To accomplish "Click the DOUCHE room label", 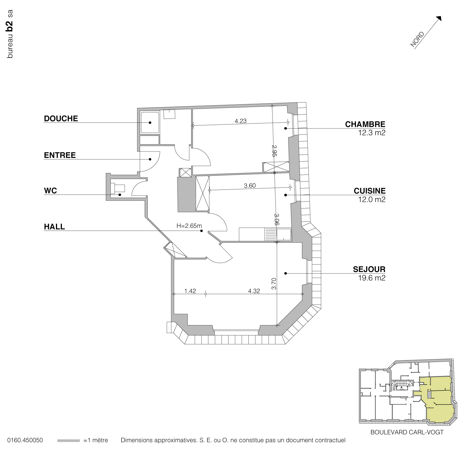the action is (x=61, y=119).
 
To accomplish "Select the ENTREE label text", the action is (x=60, y=155).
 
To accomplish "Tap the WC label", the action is (x=51, y=191).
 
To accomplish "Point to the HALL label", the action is (x=55, y=227).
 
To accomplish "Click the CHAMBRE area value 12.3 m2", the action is (x=372, y=132).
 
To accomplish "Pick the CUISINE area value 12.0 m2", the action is (x=372, y=199).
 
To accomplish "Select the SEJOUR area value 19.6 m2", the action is (x=372, y=278).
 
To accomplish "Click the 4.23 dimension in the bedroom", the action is (x=240, y=121).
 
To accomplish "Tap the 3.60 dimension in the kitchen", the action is (x=250, y=186).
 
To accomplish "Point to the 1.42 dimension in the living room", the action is (x=190, y=291).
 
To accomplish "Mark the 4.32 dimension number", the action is (x=254, y=291).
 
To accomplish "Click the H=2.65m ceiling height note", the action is (x=189, y=226).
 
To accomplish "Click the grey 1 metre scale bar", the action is (x=68, y=440).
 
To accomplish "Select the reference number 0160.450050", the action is (x=25, y=440).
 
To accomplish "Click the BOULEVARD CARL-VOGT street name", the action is (x=407, y=433).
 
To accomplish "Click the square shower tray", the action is (x=150, y=123).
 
